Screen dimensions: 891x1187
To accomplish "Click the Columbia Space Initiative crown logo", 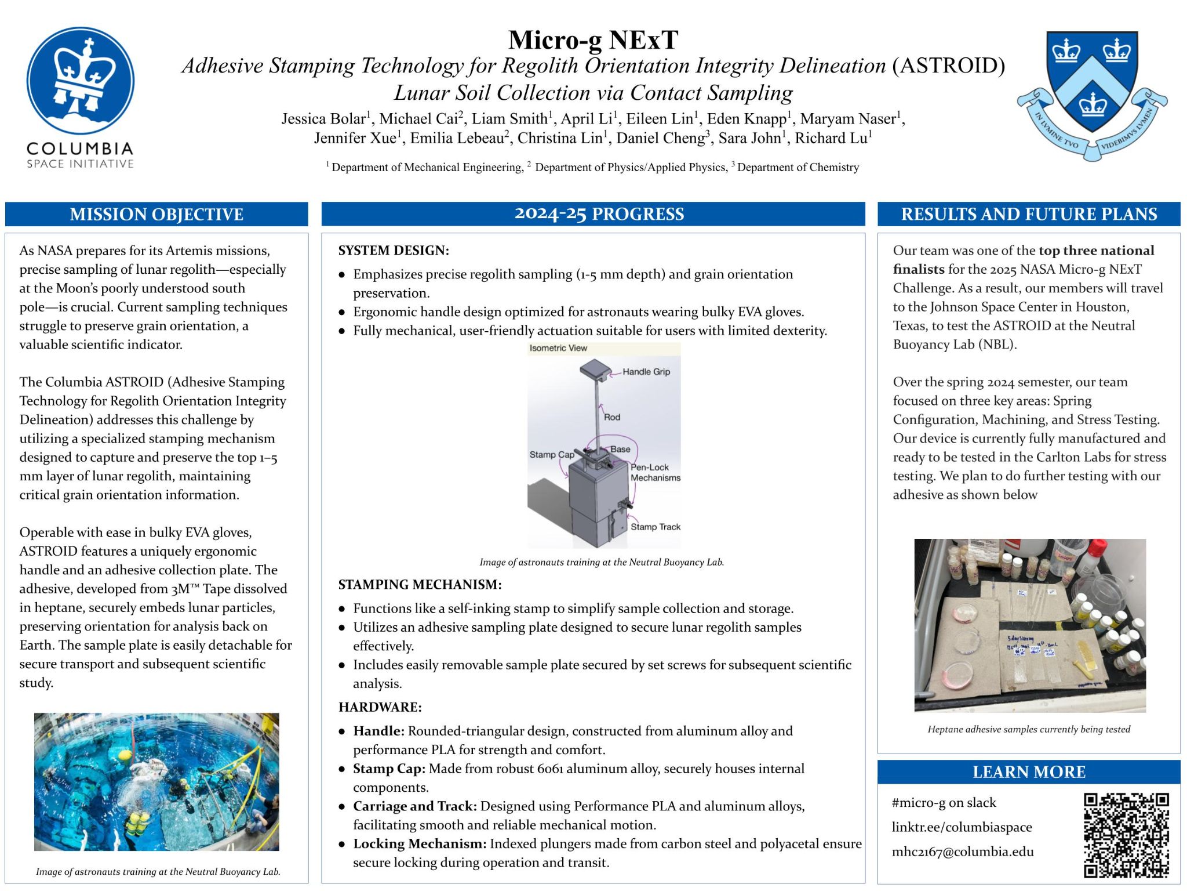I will pos(81,81).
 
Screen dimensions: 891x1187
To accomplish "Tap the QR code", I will pos(1126,835).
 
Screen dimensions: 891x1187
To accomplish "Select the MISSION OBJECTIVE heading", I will pos(156,214).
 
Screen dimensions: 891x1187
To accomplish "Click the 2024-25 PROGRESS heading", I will pos(599,214).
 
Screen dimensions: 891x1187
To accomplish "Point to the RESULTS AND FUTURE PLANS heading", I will pos(1029,214).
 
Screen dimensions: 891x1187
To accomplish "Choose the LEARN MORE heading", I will pos(1029,772).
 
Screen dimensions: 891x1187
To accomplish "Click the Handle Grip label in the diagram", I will pos(646,372).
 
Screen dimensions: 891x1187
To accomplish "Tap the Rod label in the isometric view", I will pos(612,417).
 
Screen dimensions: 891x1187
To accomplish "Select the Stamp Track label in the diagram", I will pos(656,527).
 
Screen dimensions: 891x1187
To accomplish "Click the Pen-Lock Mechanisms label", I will pos(655,472).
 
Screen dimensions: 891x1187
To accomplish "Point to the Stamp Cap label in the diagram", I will pos(552,455).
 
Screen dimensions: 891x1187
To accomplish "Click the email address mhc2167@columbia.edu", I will pos(963,852).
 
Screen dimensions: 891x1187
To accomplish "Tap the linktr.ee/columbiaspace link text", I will pos(962,827).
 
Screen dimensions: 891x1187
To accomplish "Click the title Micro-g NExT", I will pos(593,40).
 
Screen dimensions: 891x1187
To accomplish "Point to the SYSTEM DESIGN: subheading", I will pos(394,251).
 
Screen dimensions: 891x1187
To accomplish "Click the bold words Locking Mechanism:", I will pos(420,844).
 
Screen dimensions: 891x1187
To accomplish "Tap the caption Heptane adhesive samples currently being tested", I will pos(1029,729).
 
